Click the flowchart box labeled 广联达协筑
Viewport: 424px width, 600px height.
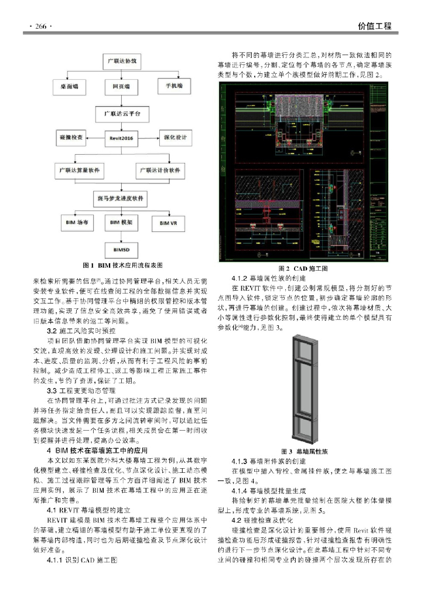click(122, 61)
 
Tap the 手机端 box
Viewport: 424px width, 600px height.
click(172, 86)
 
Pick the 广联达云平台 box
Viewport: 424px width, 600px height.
click(122, 111)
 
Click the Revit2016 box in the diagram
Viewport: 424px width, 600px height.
click(122, 138)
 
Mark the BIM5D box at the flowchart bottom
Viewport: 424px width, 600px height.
click(122, 250)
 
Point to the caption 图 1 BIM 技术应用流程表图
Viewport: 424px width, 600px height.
click(121, 265)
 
